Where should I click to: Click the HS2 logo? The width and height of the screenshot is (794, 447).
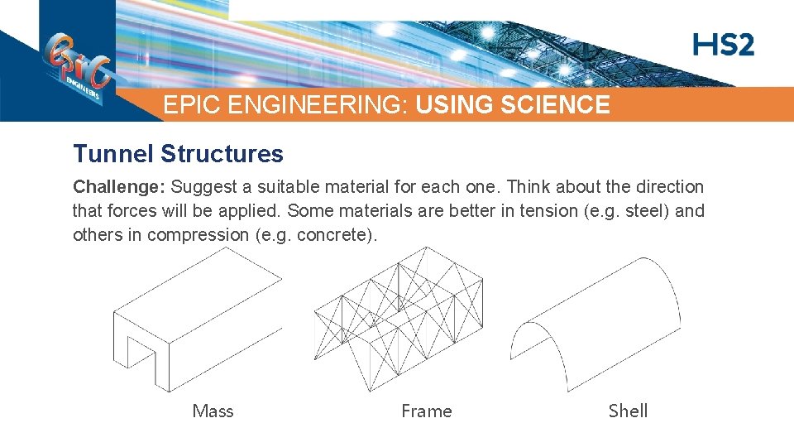pyautogui.click(x=724, y=45)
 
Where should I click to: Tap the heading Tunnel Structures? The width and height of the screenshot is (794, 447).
pyautogui.click(x=178, y=154)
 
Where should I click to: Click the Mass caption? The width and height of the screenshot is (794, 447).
pyautogui.click(x=213, y=411)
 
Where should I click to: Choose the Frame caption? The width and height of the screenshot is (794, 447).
pyautogui.click(x=426, y=411)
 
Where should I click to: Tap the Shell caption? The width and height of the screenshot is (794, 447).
pyautogui.click(x=628, y=411)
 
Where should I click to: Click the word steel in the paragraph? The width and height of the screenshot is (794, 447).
pyautogui.click(x=648, y=211)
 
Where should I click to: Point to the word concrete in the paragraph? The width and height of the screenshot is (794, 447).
pyautogui.click(x=340, y=235)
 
